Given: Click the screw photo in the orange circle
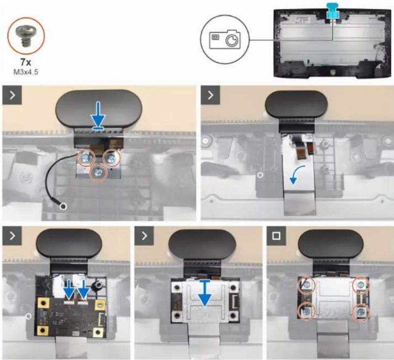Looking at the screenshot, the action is (x=25, y=37).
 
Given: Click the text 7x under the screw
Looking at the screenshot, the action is (x=26, y=62).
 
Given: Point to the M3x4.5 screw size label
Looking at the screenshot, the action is (x=26, y=72).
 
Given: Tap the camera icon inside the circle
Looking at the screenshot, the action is (x=225, y=39).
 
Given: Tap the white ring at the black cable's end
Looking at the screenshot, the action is (x=63, y=206).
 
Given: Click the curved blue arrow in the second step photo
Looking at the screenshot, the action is (x=297, y=175).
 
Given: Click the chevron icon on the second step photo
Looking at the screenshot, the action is (x=211, y=95).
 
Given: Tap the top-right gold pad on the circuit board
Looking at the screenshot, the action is (x=100, y=305).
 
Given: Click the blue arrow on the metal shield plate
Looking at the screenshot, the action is (x=205, y=293).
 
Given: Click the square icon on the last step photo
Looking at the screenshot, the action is (x=276, y=236).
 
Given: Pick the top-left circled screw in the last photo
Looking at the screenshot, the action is (x=306, y=285).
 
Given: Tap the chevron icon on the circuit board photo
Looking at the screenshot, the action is (x=12, y=236).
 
